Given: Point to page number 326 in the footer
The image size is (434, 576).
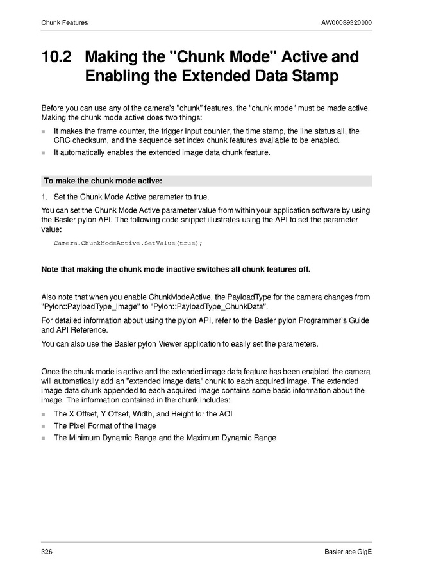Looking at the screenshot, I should [x=47, y=552].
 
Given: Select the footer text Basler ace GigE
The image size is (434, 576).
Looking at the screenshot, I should [x=348, y=552].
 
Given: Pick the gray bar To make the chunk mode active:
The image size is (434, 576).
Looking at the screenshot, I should [x=206, y=181].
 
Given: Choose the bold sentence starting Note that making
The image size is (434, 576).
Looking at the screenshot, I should [x=175, y=269].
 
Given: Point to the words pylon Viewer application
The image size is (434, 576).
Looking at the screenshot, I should [x=146, y=344].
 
